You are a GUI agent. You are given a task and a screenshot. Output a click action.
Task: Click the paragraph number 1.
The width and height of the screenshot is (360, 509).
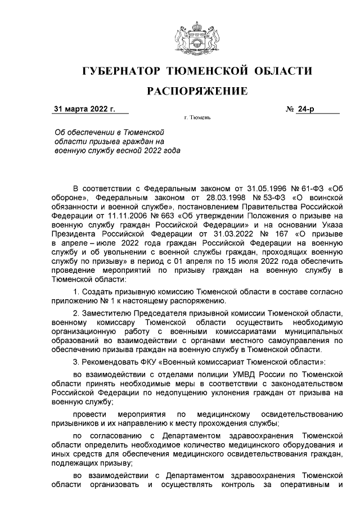pyautogui.click(x=76, y=291)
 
